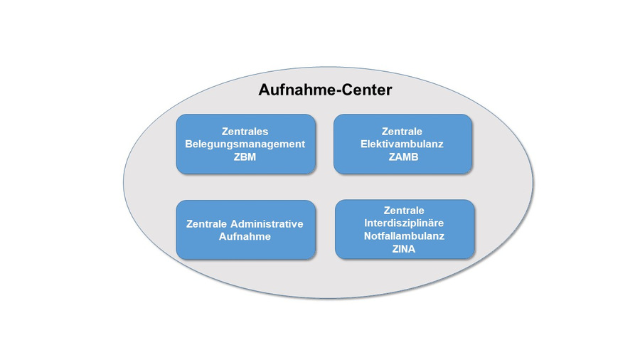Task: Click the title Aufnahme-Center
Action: click(x=325, y=90)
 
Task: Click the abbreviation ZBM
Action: click(x=245, y=157)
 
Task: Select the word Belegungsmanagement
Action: click(x=245, y=144)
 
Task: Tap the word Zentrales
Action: click(x=245, y=132)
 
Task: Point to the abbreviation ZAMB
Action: click(x=403, y=157)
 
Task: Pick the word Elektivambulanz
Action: click(x=402, y=144)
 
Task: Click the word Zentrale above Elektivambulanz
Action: click(x=402, y=132)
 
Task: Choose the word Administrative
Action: click(x=267, y=223)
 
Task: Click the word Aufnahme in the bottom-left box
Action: click(x=245, y=236)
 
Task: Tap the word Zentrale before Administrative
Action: click(x=206, y=223)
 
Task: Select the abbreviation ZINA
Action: click(x=404, y=249)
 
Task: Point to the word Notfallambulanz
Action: click(x=404, y=236)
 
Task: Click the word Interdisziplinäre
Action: click(x=404, y=223)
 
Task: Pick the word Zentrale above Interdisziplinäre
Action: click(x=404, y=211)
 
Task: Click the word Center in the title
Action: click(x=366, y=90)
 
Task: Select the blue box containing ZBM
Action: click(x=246, y=144)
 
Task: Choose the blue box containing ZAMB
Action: click(x=403, y=144)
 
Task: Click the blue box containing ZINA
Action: click(x=405, y=229)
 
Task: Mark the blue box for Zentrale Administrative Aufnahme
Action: click(x=246, y=229)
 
